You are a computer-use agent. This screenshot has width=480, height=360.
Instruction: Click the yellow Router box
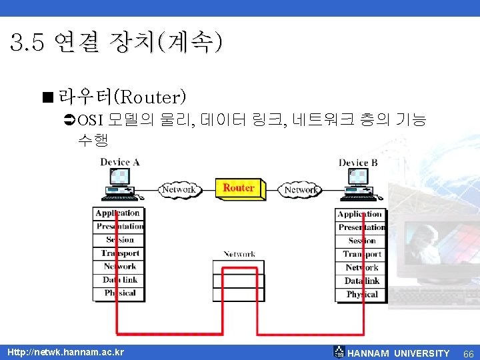(x=238, y=188)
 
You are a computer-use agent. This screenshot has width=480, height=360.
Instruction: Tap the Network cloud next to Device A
(x=179, y=189)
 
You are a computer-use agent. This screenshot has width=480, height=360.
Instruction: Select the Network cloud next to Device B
(x=301, y=189)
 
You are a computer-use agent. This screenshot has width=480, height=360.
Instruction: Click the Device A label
(x=120, y=162)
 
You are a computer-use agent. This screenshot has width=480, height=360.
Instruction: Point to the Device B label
(x=358, y=163)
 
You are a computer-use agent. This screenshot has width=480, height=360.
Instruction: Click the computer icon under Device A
(x=120, y=185)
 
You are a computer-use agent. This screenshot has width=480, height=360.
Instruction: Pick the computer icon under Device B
(x=360, y=185)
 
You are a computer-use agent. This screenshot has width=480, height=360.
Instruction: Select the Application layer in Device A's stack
(x=117, y=213)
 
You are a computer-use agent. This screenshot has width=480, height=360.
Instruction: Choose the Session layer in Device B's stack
(x=362, y=241)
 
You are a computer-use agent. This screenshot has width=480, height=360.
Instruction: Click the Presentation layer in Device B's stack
(x=362, y=227)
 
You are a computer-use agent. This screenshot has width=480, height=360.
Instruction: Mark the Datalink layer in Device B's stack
(x=362, y=281)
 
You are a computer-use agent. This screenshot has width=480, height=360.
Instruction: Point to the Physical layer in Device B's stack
(x=362, y=294)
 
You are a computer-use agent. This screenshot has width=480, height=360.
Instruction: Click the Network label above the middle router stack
(x=239, y=254)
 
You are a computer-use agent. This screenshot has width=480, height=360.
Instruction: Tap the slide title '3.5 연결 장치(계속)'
(x=117, y=44)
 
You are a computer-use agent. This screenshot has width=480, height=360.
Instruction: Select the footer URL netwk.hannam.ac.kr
(x=65, y=352)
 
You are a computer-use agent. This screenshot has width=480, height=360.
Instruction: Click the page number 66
(x=468, y=353)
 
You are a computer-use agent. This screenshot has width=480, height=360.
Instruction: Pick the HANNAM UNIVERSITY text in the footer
(x=399, y=353)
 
